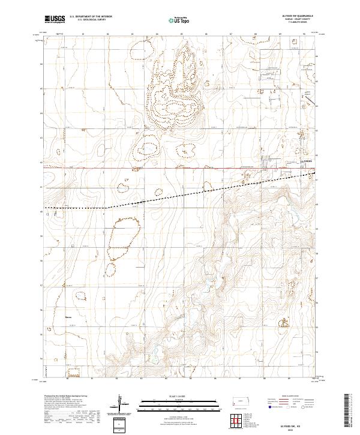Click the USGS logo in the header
[x=55, y=19]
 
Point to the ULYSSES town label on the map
[x=307, y=161]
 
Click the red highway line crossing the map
[x=150, y=168]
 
